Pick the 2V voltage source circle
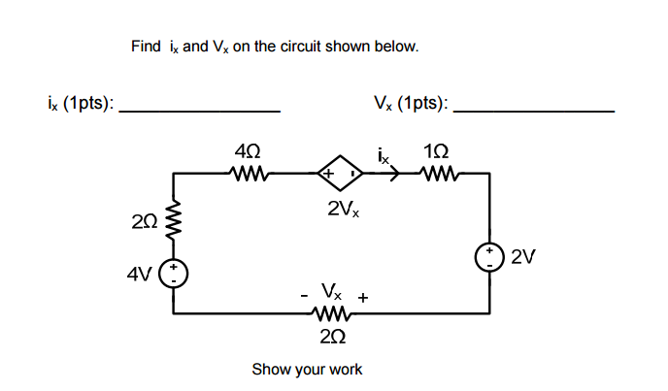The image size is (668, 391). point(488,256)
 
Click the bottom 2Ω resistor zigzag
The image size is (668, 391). point(330,313)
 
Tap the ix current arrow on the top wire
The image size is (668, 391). point(393,175)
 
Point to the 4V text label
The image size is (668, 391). point(140,273)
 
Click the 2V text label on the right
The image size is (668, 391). point(523,257)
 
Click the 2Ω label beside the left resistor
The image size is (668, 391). point(146,223)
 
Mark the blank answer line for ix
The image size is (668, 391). point(199,113)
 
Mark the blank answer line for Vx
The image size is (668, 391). point(534,113)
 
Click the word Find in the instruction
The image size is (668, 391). point(146,47)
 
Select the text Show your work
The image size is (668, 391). point(307,370)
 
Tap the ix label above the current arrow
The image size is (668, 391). point(384,153)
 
